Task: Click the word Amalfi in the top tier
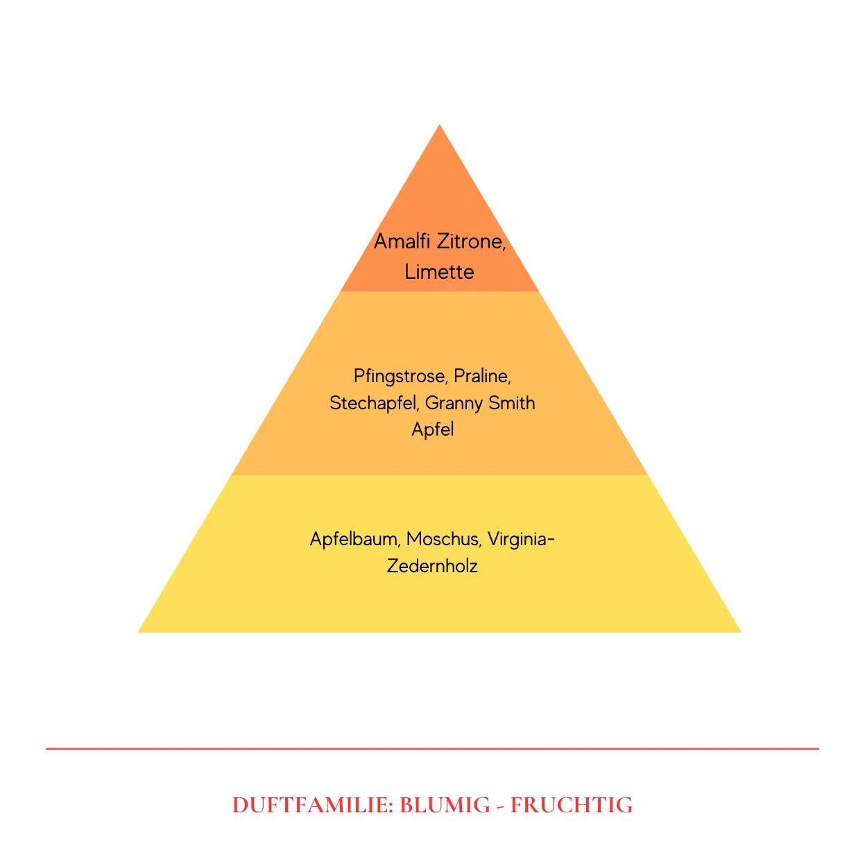402,241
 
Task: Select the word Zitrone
471,242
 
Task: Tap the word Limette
439,272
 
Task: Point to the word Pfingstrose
400,376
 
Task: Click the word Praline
482,376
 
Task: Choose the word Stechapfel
374,403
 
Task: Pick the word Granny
454,403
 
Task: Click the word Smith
511,402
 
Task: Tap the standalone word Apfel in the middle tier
432,429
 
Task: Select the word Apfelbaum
354,539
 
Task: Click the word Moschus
443,539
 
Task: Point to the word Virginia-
521,540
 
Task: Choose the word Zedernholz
432,566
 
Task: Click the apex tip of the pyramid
440,124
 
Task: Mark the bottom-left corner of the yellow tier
138,632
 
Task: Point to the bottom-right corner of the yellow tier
741,632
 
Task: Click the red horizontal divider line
432,748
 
